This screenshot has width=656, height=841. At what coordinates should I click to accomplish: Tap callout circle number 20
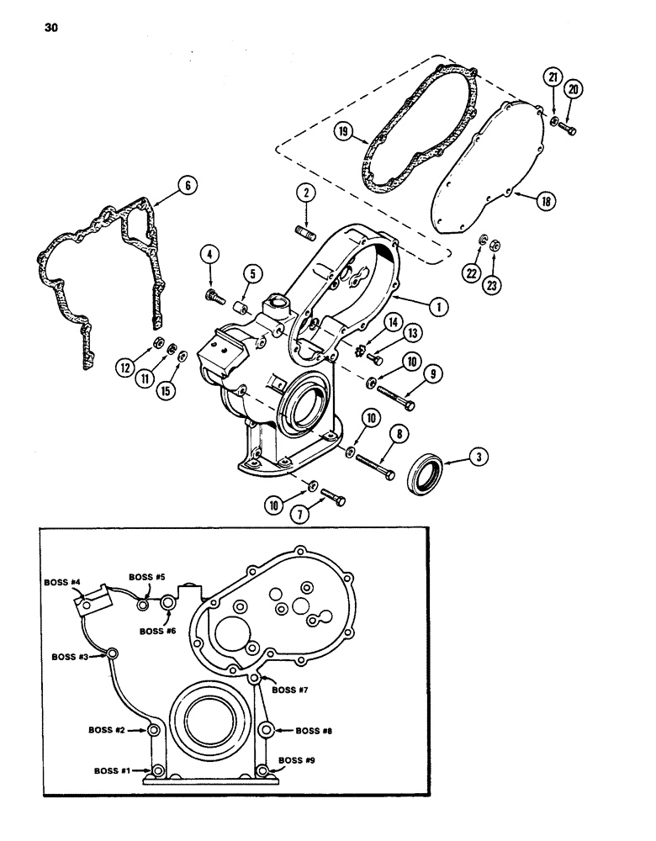point(575,90)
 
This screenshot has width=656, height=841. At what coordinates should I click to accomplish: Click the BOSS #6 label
point(158,631)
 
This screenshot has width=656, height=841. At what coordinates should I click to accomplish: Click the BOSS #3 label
point(71,657)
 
